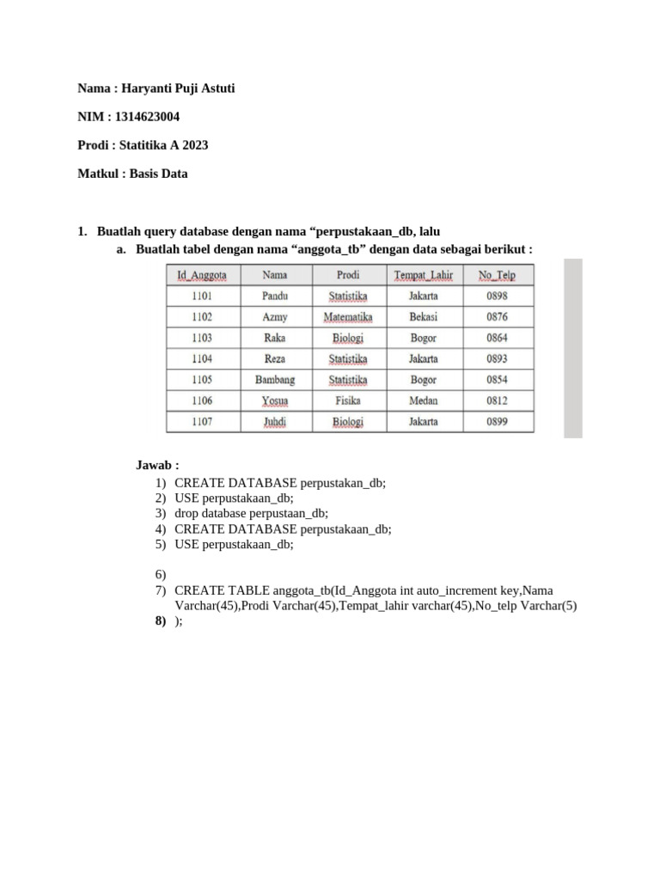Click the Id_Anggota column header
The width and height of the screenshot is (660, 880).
point(202,275)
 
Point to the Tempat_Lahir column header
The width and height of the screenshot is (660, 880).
point(423,275)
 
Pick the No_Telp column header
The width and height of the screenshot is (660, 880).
point(497,275)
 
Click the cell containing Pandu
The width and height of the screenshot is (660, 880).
point(275,296)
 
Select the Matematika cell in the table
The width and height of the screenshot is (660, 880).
point(348,316)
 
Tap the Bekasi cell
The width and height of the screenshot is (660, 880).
point(423,316)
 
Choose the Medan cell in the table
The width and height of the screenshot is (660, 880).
point(423,400)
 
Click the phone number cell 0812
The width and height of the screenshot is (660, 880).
point(497,400)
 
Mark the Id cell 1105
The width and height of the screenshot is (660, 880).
point(202,380)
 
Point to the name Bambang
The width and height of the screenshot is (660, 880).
point(275,380)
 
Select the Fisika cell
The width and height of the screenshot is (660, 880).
point(348,400)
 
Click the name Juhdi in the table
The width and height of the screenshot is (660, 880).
point(275,422)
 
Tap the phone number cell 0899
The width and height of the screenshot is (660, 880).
point(497,422)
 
